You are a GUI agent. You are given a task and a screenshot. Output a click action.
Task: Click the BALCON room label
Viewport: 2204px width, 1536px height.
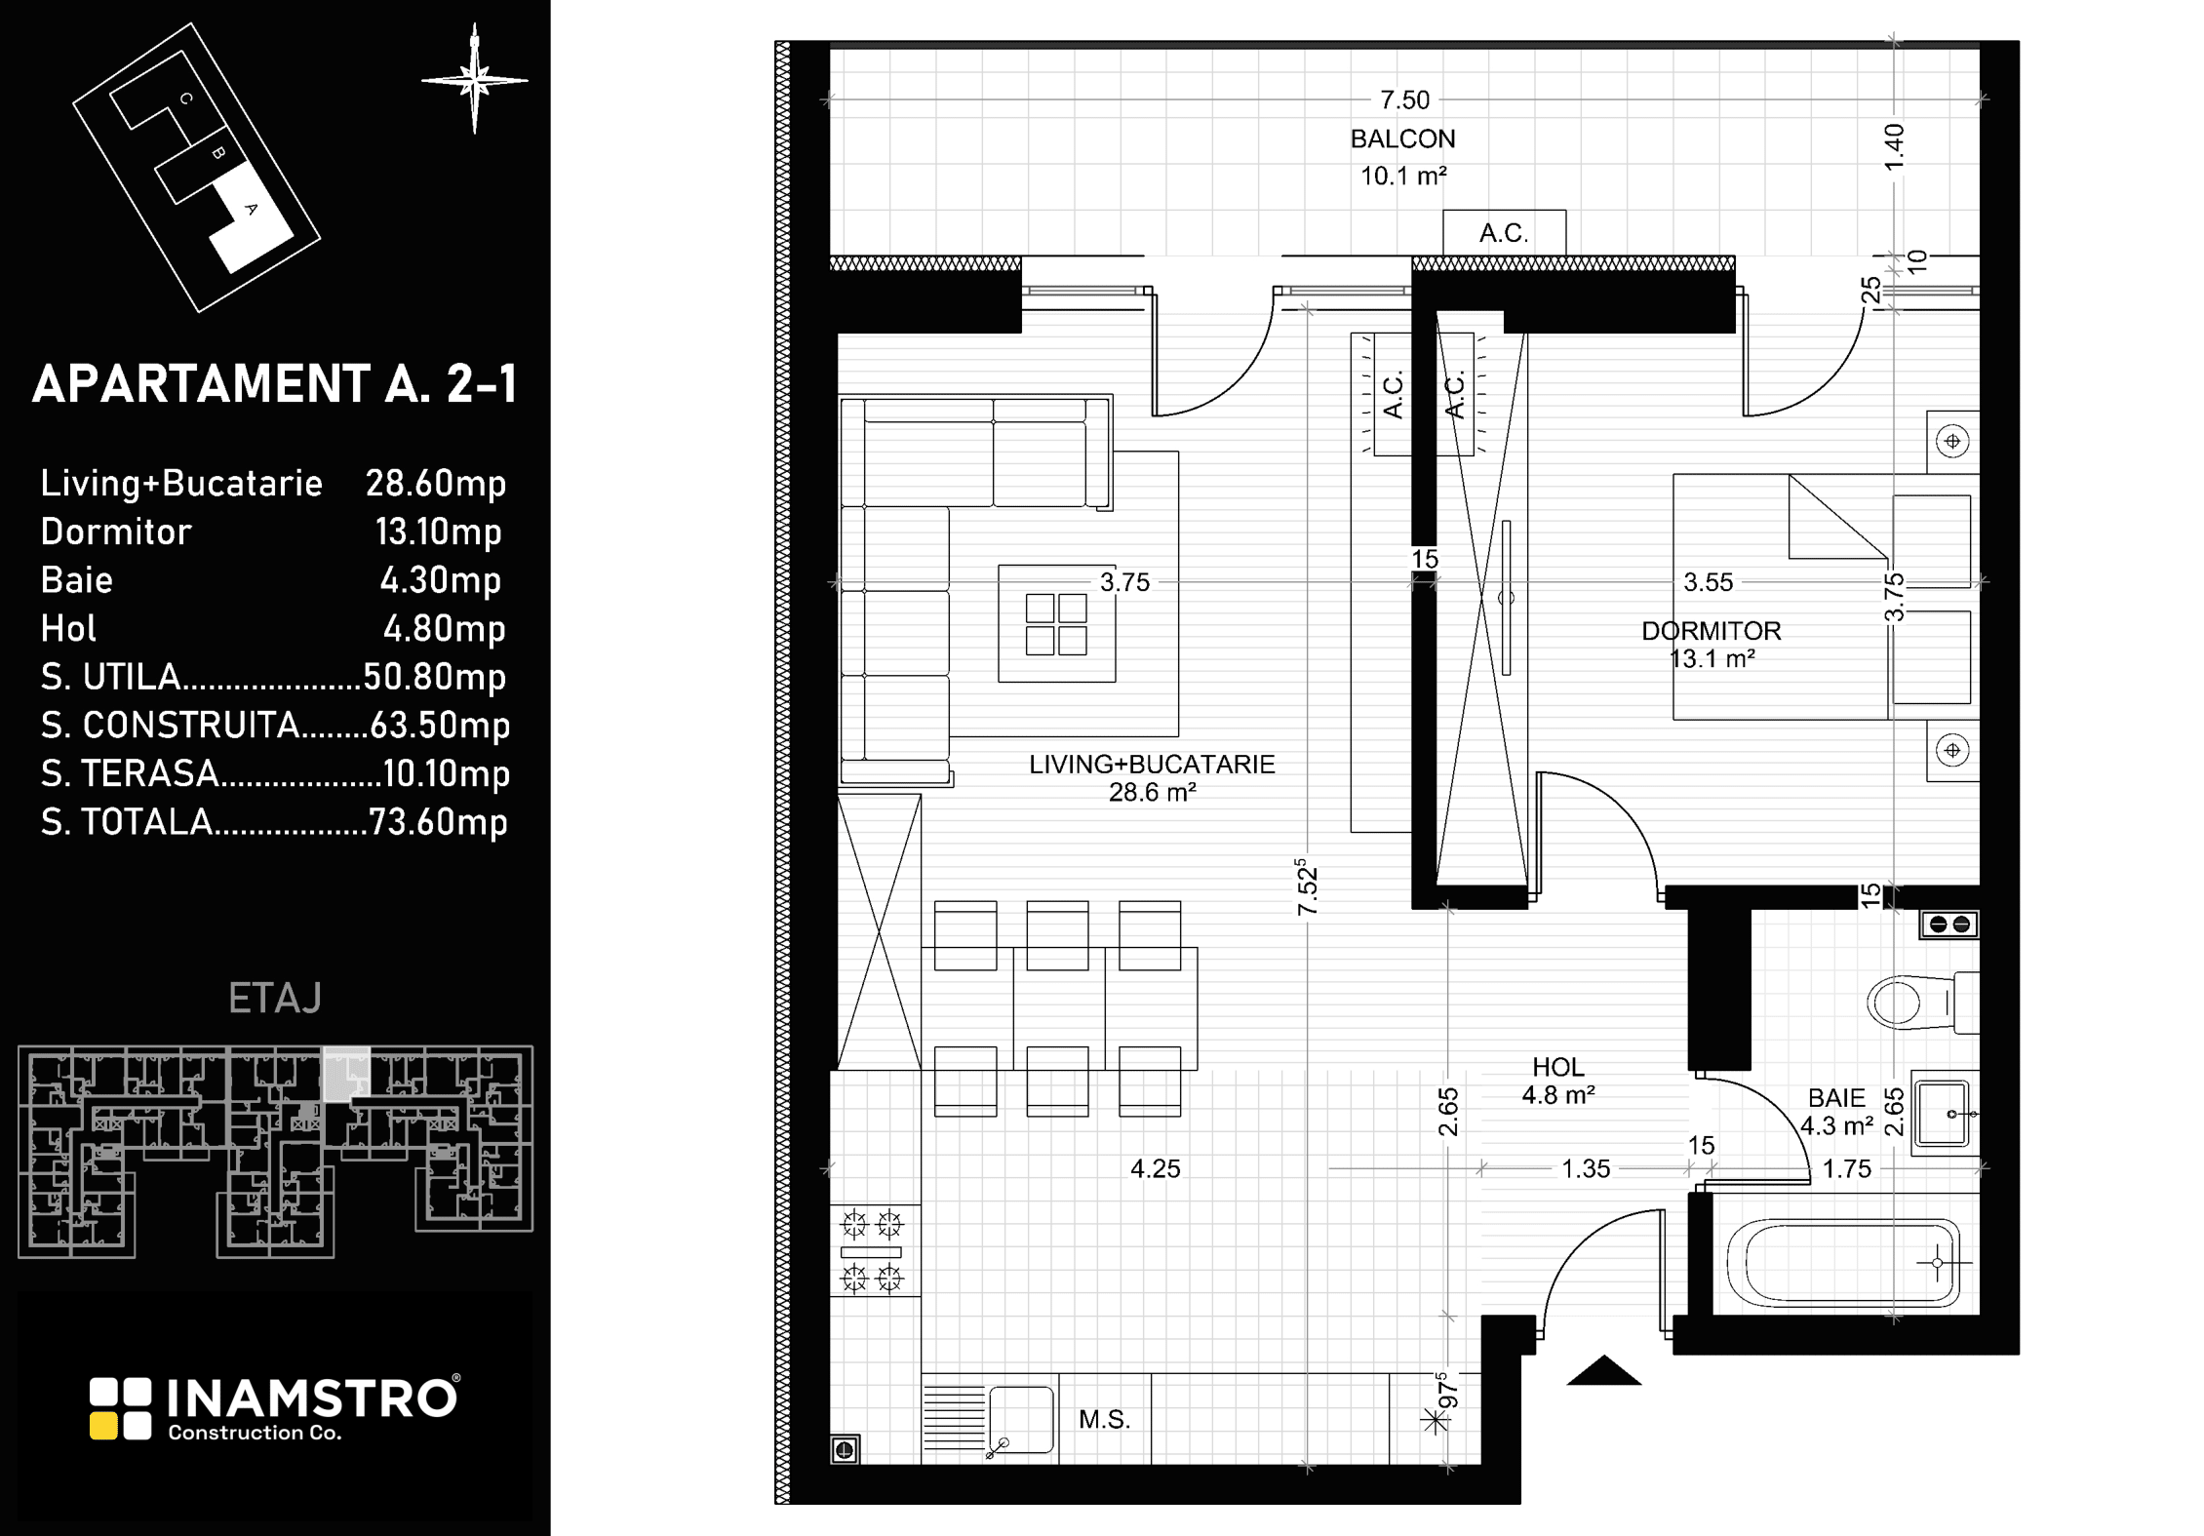click(x=1402, y=139)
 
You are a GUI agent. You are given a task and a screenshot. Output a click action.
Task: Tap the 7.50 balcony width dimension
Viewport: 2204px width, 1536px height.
click(x=1404, y=99)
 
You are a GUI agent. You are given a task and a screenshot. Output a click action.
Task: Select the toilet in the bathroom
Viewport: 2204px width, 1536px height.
click(x=1922, y=1002)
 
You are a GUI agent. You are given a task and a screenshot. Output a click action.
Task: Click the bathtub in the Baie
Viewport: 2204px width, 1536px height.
click(x=1843, y=1263)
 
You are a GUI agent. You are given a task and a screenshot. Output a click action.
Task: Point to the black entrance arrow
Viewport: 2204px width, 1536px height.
click(x=1604, y=1370)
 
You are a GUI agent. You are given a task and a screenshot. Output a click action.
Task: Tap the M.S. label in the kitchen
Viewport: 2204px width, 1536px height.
click(x=1104, y=1420)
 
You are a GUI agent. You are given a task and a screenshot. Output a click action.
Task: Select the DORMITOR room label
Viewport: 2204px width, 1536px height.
click(x=1712, y=631)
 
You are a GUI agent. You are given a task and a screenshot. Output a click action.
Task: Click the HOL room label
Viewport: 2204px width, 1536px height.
click(x=1558, y=1067)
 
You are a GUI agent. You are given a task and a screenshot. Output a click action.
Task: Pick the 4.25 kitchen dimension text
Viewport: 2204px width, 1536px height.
click(x=1156, y=1168)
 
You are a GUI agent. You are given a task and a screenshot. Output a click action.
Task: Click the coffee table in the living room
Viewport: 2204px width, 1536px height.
click(x=1056, y=623)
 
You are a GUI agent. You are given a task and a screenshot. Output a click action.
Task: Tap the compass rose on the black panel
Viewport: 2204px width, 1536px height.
click(x=475, y=80)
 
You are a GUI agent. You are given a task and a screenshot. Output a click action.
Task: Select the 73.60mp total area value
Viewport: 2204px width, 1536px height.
click(x=439, y=822)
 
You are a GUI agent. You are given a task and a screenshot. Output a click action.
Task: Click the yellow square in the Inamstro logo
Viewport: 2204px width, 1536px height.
click(x=103, y=1426)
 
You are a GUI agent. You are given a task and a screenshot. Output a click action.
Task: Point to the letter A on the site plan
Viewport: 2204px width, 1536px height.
click(x=251, y=209)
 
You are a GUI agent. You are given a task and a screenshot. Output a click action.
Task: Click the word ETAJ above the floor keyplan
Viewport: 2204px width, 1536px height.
click(x=275, y=999)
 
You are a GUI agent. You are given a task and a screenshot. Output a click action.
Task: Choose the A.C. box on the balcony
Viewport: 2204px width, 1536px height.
click(x=1504, y=233)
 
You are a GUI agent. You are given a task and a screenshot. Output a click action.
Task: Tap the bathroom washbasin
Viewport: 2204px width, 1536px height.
click(x=1946, y=1113)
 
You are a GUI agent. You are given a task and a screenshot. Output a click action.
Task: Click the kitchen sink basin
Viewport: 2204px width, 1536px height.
click(x=1021, y=1420)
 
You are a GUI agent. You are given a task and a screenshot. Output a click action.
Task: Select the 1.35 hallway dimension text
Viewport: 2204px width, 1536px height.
click(x=1586, y=1168)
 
